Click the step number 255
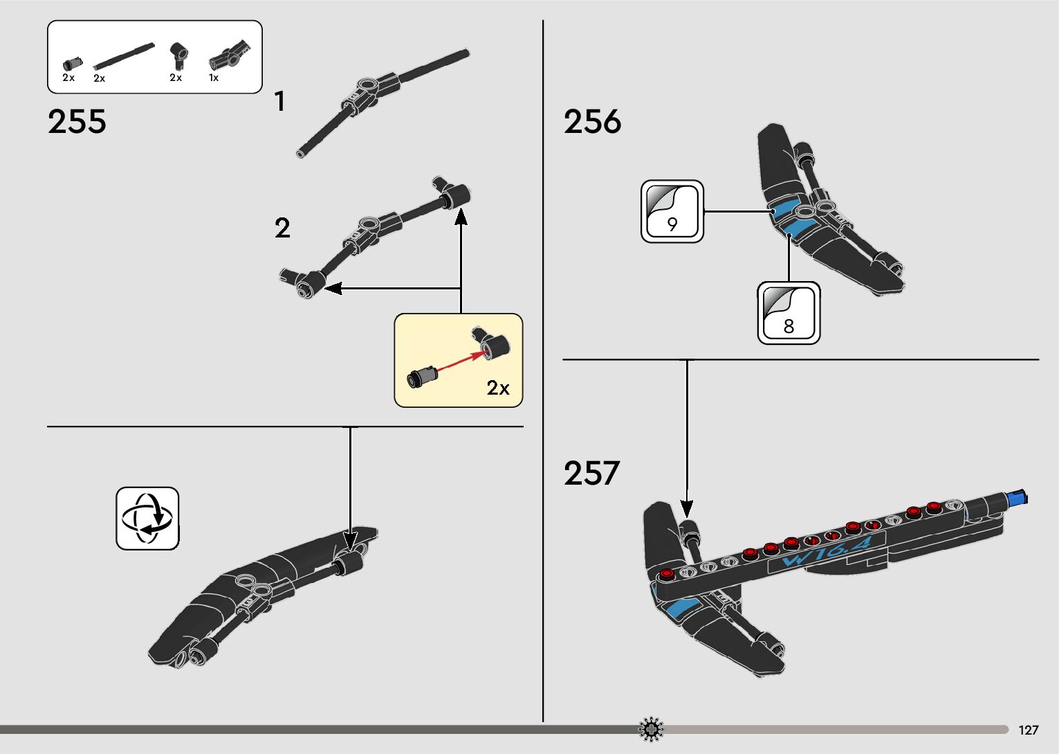77,122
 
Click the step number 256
592,122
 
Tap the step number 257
591,474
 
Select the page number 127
1029,730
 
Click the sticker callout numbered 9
672,212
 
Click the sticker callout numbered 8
789,313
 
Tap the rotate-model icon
147,519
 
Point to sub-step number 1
279,102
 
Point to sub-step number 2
282,228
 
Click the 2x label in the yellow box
497,388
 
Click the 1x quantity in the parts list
214,78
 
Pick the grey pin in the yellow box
423,377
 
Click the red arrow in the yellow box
456,364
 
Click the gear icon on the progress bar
651,729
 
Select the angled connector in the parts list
178,55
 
